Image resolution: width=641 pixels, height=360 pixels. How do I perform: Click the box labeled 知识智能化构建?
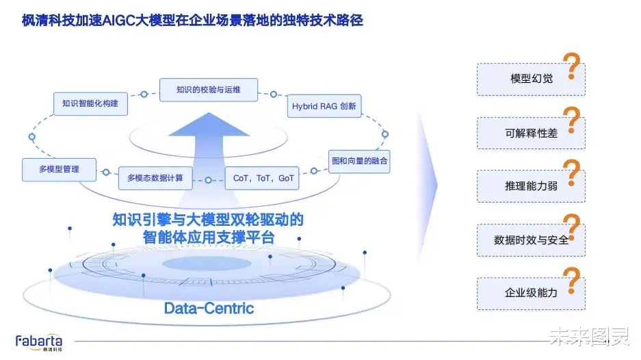[90, 104]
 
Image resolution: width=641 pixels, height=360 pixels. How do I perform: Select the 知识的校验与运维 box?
[209, 90]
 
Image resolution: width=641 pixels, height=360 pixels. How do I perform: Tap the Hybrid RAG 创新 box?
[324, 106]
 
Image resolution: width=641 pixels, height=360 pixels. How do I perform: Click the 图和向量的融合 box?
[359, 162]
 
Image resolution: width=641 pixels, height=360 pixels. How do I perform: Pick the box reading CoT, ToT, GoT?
[262, 178]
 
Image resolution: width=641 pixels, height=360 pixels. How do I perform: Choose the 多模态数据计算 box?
[155, 178]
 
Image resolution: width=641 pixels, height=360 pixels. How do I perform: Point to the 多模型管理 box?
[60, 169]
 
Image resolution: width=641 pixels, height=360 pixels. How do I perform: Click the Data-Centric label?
[209, 308]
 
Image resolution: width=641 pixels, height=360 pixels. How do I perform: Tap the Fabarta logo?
[39, 342]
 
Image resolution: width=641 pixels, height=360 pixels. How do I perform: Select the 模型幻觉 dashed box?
[531, 79]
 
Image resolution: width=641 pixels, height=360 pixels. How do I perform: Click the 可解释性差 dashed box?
[531, 133]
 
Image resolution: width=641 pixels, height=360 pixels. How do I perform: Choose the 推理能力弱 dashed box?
[531, 186]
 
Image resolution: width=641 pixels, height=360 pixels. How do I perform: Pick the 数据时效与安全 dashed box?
[531, 240]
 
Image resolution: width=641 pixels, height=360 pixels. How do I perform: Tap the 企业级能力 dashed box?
[531, 294]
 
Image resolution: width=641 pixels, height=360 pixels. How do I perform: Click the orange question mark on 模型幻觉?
[573, 66]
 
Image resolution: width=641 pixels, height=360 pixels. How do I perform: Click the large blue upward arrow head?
[209, 125]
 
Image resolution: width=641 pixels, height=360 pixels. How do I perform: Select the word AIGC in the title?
[118, 20]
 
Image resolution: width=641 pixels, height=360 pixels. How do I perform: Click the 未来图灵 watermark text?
[589, 337]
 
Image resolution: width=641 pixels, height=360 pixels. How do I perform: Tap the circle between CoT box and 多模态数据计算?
[209, 180]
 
